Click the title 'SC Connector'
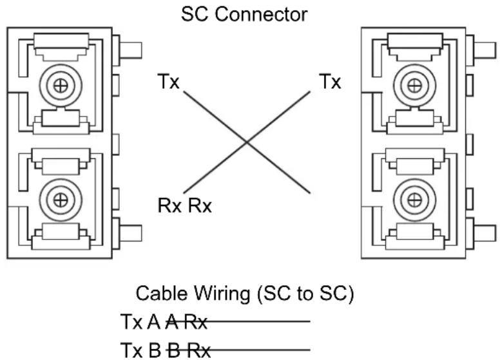pyautogui.click(x=244, y=14)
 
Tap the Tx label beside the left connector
pyautogui.click(x=168, y=81)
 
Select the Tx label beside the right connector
pyautogui.click(x=330, y=81)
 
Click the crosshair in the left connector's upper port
pyautogui.click(x=61, y=86)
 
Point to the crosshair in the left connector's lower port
pyautogui.click(x=61, y=200)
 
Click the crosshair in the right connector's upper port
pyautogui.click(x=414, y=86)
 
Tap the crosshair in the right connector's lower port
pyautogui.click(x=414, y=200)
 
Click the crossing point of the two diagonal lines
pyautogui.click(x=247, y=142)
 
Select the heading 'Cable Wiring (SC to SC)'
pyautogui.click(x=245, y=294)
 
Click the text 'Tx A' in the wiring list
pyautogui.click(x=140, y=322)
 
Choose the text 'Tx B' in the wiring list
pyautogui.click(x=140, y=350)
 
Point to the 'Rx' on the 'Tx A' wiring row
pyautogui.click(x=196, y=322)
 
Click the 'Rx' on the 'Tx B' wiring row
pyautogui.click(x=198, y=350)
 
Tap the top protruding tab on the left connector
pyautogui.click(x=130, y=50)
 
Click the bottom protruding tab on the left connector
pyautogui.click(x=130, y=233)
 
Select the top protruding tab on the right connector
pyautogui.click(x=485, y=50)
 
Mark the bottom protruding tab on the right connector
pyautogui.click(x=485, y=233)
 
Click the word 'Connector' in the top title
pyautogui.click(x=261, y=14)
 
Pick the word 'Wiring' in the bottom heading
pyautogui.click(x=222, y=294)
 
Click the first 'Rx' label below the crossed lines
pyautogui.click(x=169, y=205)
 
